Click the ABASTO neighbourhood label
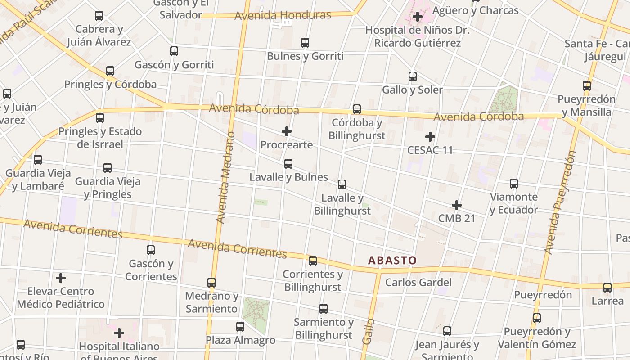coord(392,260)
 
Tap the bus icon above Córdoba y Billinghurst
coord(357,109)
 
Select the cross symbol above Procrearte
coord(286,131)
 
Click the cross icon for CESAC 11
coord(430,136)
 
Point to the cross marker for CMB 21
coord(457,205)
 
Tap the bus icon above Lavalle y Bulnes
coord(288,163)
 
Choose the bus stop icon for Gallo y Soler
coord(413,76)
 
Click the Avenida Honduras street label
coord(283,15)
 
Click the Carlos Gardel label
coord(418,282)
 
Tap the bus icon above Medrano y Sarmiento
coord(211,283)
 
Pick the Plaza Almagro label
coord(240,340)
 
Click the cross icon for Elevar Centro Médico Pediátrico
coord(61,278)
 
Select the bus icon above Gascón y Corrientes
coord(151,250)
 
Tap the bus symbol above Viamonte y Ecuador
coord(514,184)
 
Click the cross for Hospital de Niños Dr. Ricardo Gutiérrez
coord(418,17)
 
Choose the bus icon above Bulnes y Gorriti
coord(305,43)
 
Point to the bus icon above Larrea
coord(607,288)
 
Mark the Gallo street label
coord(369,331)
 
